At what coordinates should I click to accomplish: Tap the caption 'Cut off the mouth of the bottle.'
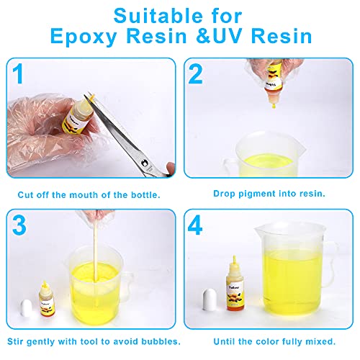pos(90,194)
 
